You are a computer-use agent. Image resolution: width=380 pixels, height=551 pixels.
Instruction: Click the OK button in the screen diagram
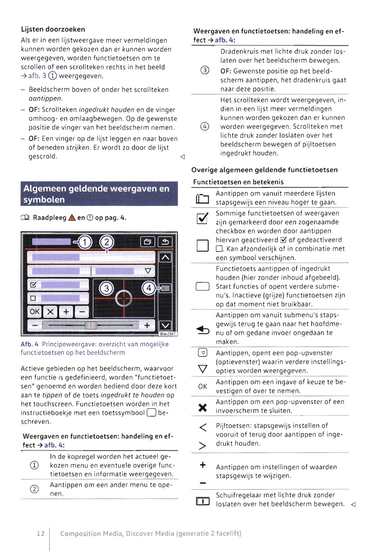[34, 312]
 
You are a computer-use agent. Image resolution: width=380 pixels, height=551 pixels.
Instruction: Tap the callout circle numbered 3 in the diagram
[107, 288]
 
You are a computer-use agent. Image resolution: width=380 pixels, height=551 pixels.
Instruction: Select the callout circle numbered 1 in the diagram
[85, 242]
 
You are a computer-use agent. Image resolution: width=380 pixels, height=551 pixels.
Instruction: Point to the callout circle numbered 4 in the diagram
[149, 288]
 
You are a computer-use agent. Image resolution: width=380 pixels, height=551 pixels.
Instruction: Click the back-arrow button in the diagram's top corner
[165, 242]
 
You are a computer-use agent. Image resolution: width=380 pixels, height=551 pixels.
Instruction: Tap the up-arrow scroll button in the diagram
[165, 257]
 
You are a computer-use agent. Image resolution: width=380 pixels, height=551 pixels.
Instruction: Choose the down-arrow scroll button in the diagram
[165, 325]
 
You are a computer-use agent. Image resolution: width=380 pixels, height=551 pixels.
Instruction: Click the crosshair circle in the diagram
[124, 298]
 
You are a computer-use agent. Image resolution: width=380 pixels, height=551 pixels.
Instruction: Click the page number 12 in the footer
[41, 533]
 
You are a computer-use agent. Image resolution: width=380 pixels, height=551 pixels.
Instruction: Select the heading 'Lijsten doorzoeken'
[53, 29]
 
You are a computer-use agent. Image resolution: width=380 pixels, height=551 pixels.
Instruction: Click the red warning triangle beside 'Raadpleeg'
[72, 218]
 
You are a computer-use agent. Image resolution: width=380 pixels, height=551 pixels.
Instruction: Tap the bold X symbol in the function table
[202, 407]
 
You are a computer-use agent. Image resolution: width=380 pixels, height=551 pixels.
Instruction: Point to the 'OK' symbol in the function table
[202, 386]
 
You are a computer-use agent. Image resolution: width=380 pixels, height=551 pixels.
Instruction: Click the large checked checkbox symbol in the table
[202, 218]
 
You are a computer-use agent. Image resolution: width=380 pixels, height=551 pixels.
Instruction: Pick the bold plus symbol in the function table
[202, 465]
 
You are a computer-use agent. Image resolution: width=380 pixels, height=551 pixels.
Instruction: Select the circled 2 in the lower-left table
[34, 489]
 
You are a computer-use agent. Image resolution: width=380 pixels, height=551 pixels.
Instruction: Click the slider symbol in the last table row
[202, 501]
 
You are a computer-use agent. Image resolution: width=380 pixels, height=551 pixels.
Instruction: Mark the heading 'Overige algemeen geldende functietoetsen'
[264, 170]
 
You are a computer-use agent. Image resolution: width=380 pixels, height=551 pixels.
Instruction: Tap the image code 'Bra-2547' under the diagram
[168, 334]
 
